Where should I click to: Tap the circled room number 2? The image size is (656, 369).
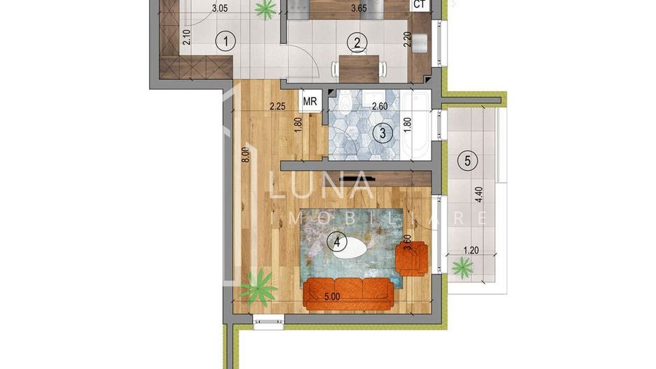(357, 43)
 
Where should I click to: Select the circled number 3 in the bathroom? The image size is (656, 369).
(382, 132)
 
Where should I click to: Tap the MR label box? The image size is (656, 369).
(311, 101)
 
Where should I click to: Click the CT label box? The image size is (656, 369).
(420, 5)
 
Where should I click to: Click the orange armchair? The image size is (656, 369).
(411, 257)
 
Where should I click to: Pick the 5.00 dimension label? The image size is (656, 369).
(331, 296)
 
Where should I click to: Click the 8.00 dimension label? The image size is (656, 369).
(245, 153)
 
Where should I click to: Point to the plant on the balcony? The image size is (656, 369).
(462, 266)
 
